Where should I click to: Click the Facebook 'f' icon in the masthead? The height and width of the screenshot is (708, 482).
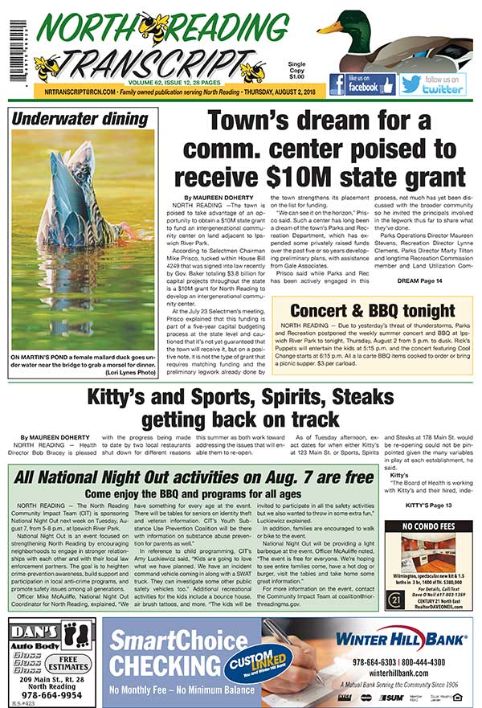337,84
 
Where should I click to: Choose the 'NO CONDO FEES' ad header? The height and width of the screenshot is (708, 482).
427,528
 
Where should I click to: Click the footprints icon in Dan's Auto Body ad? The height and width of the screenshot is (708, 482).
76,631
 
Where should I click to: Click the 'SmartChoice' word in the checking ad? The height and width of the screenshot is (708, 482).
161,641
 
